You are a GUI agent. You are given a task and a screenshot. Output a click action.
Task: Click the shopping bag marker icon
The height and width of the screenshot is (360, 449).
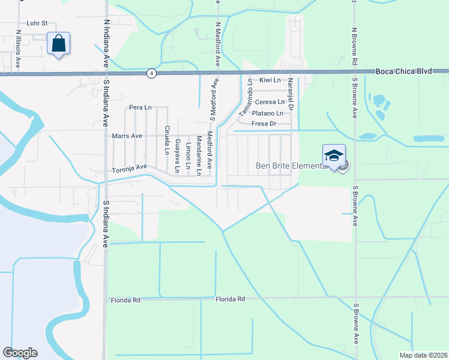(58, 44)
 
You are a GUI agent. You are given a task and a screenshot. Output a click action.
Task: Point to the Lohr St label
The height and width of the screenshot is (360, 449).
(37, 24)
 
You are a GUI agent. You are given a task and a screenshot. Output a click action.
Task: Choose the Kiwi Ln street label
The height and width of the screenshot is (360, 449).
(270, 80)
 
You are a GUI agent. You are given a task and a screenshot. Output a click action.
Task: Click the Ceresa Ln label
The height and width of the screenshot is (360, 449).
(270, 102)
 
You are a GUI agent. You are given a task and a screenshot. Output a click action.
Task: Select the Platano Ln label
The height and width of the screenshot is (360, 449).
(267, 113)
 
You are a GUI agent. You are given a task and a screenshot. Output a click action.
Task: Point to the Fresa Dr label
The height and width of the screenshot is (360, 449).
(264, 124)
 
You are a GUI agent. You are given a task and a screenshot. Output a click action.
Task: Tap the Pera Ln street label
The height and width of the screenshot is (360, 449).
(140, 107)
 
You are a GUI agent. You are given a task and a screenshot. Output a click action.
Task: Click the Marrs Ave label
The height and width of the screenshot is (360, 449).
(127, 136)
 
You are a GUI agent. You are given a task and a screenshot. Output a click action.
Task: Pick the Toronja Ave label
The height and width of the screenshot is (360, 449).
(130, 170)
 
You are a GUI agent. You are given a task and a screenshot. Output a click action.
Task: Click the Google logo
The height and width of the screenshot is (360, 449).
(20, 353)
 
